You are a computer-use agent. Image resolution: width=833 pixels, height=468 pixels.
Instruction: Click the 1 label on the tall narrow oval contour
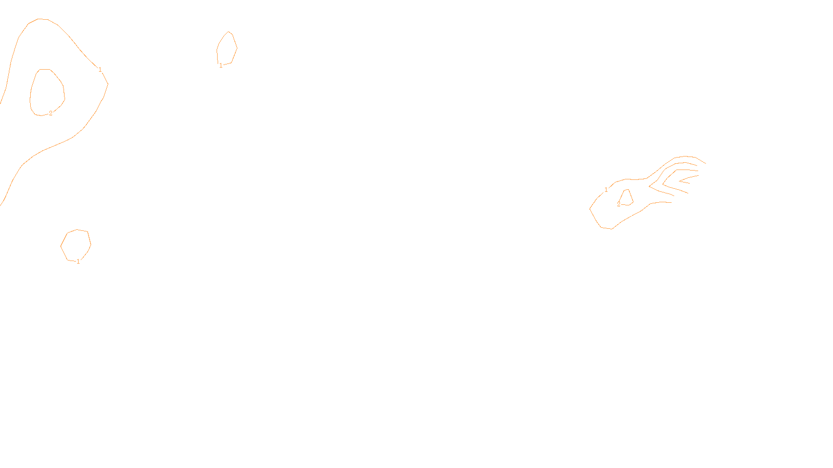coord(221,66)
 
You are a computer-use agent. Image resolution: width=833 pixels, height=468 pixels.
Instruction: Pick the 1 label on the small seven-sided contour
coord(79,262)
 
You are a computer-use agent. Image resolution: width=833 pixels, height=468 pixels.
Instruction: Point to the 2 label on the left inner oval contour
coord(51,113)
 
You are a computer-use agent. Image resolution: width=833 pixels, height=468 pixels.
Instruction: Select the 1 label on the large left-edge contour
coord(100,69)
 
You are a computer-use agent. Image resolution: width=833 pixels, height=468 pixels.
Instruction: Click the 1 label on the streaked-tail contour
coord(606,190)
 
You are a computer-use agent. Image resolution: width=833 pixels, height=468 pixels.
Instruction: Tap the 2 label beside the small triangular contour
coord(619,204)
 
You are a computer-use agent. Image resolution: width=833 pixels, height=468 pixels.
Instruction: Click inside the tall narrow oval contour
coord(227,48)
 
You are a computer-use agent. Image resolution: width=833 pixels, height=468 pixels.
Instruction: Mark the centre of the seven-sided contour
coord(76,245)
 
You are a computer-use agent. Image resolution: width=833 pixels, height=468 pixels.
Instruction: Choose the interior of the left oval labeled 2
coord(47,92)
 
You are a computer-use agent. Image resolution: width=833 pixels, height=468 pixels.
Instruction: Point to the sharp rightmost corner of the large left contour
coord(108,84)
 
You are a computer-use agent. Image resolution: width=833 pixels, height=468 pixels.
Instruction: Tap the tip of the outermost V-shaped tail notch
coord(649,186)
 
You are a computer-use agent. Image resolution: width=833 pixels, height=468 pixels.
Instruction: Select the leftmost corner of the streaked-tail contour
coord(590,209)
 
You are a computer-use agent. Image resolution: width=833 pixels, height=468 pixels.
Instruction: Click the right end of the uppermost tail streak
coord(705,163)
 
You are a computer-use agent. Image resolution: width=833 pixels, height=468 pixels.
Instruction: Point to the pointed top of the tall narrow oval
coord(229,32)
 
